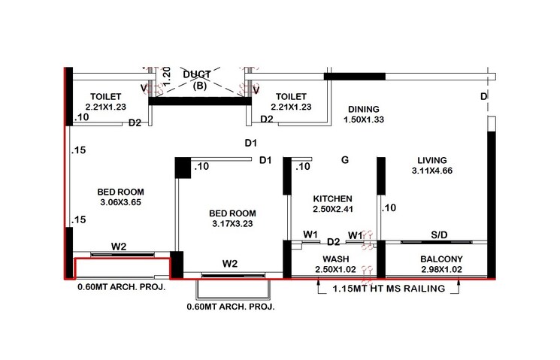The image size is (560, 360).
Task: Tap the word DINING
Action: (x=362, y=109)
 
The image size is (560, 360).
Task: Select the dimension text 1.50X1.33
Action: (x=363, y=120)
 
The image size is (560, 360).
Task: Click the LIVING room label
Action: (x=429, y=160)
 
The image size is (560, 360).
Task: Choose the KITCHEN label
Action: (x=332, y=198)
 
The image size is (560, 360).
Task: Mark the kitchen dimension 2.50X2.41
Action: (x=332, y=210)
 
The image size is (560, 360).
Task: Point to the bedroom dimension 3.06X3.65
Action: (x=120, y=202)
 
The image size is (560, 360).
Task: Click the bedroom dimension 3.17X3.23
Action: (x=232, y=224)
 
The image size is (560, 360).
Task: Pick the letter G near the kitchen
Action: (x=345, y=159)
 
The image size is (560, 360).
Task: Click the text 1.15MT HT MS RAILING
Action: (x=388, y=288)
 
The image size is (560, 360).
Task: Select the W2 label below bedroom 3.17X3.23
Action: (x=230, y=264)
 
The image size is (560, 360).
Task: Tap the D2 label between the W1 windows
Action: (x=334, y=241)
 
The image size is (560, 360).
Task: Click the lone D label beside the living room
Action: (x=484, y=97)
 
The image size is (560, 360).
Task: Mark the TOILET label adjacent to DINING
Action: (x=291, y=96)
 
